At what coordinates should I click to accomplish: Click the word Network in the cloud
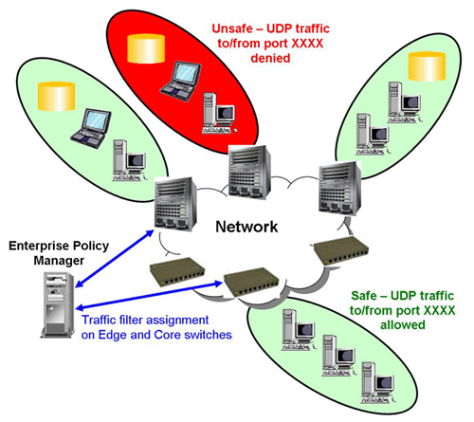[246, 227]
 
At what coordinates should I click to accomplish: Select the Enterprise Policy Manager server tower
[58, 304]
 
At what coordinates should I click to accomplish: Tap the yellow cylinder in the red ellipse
[146, 48]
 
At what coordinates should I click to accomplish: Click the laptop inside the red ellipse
[181, 81]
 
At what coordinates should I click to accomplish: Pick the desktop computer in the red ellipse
[219, 113]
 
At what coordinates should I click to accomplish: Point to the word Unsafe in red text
[232, 28]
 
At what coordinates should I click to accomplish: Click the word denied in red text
[270, 58]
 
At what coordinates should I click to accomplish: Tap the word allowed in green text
[403, 324]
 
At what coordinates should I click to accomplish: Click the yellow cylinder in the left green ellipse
[57, 97]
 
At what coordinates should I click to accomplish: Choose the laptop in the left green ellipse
[91, 128]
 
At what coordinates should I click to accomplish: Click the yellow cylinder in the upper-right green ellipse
[427, 66]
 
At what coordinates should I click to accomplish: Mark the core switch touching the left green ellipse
[175, 203]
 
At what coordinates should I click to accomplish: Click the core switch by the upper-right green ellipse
[339, 188]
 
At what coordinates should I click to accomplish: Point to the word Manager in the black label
[59, 261]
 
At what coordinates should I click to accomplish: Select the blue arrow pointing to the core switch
[115, 259]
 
